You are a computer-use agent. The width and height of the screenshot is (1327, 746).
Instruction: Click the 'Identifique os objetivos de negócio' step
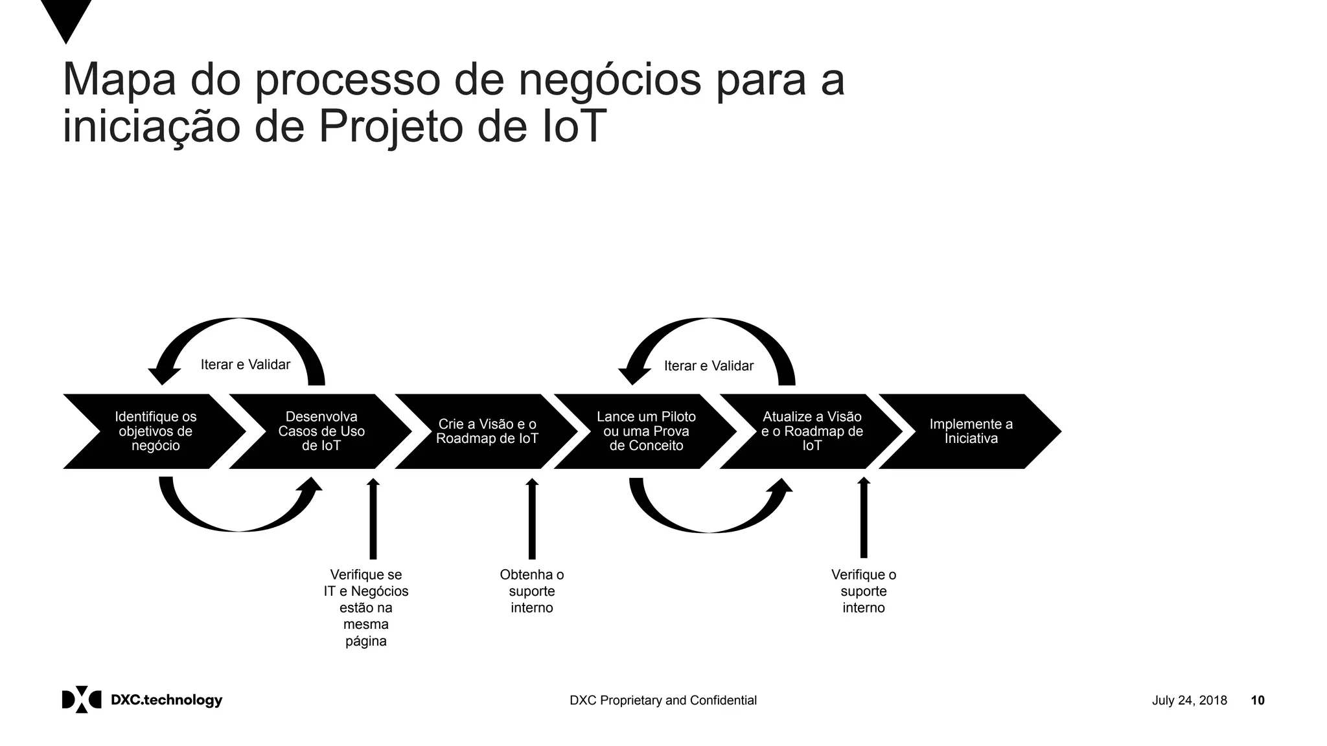coord(156,431)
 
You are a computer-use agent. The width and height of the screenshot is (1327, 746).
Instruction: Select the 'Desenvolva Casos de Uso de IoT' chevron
coord(321,431)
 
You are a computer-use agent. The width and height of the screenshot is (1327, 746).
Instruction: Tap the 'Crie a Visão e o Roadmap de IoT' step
coord(487,431)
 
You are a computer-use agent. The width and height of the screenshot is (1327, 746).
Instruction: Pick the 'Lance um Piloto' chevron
coord(646,431)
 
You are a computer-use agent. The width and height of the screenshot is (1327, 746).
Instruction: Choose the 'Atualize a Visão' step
coord(812,431)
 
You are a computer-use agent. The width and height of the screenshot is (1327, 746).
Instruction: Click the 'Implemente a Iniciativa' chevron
coord(971,431)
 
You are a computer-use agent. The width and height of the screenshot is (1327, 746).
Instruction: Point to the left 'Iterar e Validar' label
coord(246,365)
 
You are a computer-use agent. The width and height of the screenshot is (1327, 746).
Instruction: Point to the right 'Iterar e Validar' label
coord(709,366)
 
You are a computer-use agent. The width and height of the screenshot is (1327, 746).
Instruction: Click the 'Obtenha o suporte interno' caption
coord(532,591)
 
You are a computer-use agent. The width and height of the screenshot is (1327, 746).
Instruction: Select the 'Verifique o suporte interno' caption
coord(864,591)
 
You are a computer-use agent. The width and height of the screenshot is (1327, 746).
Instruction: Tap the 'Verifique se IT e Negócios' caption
coord(366,607)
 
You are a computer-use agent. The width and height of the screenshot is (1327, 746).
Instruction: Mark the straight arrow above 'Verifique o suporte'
coord(864,518)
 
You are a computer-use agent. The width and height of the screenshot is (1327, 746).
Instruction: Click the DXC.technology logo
coord(142,700)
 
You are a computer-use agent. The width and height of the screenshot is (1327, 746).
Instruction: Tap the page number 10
coord(1258,701)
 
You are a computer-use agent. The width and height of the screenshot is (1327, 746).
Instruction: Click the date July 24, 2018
coord(1189,701)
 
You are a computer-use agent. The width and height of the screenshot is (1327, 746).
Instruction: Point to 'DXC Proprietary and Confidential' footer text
coord(663,701)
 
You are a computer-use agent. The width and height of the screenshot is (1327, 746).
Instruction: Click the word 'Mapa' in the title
coord(119,80)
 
